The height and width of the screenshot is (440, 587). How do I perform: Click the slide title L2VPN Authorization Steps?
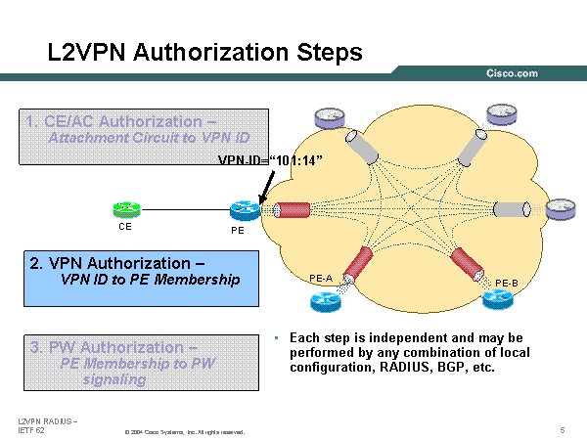tap(204, 52)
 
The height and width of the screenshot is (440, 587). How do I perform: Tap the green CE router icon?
tap(126, 208)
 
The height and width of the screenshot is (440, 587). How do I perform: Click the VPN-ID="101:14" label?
tap(270, 158)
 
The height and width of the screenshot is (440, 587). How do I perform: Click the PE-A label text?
tap(321, 279)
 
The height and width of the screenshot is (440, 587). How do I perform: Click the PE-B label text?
tap(507, 283)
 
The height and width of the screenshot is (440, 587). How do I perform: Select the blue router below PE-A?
tap(322, 300)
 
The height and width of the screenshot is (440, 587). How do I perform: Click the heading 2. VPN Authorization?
tap(117, 263)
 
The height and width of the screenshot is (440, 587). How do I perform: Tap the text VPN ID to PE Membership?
tap(137, 280)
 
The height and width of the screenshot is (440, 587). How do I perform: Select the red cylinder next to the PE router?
tap(293, 209)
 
